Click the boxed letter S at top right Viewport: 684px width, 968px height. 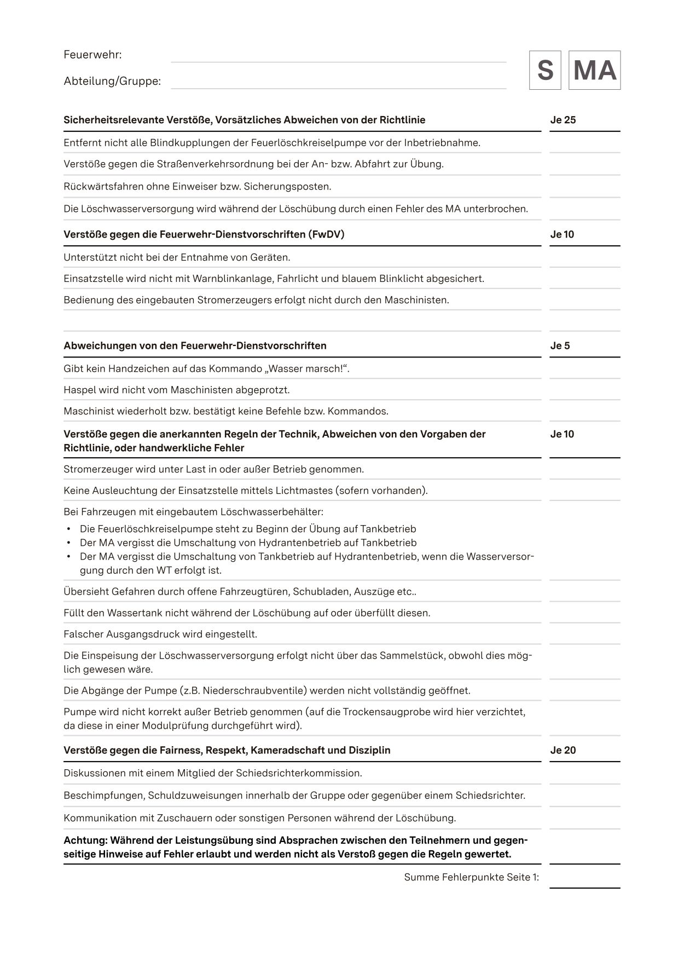click(545, 71)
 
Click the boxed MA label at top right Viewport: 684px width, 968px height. click(594, 71)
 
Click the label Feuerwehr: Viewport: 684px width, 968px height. click(92, 55)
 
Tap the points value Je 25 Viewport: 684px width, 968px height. click(563, 120)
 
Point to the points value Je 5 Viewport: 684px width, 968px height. click(560, 345)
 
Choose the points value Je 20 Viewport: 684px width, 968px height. click(563, 750)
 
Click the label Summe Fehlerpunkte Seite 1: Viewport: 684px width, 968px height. click(471, 877)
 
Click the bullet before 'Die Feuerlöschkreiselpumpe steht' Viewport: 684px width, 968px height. click(68, 529)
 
